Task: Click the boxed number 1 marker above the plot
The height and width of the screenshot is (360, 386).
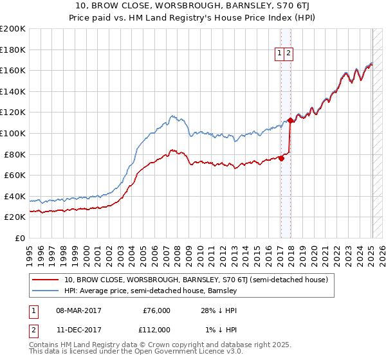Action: click(280, 54)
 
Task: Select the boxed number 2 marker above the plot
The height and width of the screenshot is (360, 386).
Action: click(288, 54)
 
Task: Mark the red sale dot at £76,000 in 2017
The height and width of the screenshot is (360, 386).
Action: click(281, 159)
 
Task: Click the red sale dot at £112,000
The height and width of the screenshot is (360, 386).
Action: click(290, 120)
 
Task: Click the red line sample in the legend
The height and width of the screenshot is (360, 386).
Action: click(46, 280)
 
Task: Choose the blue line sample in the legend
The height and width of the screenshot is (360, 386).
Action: click(46, 291)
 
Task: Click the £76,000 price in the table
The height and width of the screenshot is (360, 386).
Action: click(156, 310)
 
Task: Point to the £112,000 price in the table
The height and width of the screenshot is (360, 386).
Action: click(154, 329)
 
